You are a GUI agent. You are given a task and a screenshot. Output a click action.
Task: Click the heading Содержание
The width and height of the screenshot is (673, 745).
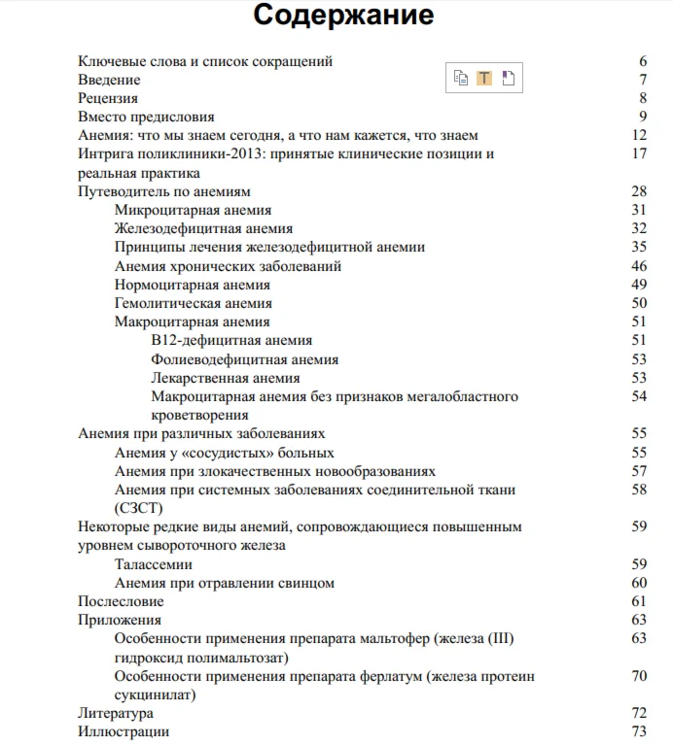pyautogui.click(x=343, y=17)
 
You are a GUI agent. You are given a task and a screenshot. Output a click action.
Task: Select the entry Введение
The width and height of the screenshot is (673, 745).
pyautogui.click(x=109, y=80)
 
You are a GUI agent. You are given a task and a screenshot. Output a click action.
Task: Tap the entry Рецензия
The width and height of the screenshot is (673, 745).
pyautogui.click(x=108, y=98)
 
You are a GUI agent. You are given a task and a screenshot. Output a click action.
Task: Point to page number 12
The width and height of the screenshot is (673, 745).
pyautogui.click(x=639, y=135)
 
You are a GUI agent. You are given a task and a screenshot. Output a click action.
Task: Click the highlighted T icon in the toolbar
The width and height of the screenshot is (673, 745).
pyautogui.click(x=484, y=79)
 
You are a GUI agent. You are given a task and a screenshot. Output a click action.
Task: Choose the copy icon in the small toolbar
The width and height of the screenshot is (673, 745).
pyautogui.click(x=461, y=79)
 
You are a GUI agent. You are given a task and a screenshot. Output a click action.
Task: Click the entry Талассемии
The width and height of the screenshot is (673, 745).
pyautogui.click(x=153, y=564)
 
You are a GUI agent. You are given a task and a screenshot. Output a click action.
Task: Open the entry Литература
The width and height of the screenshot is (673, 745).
pyautogui.click(x=115, y=713)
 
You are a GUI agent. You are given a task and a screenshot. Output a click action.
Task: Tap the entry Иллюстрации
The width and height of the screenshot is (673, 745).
pyautogui.click(x=124, y=731)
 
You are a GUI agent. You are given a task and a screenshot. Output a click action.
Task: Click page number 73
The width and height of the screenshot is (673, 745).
pyautogui.click(x=639, y=731)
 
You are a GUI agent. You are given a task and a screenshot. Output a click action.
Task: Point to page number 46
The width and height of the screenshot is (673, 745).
pyautogui.click(x=639, y=266)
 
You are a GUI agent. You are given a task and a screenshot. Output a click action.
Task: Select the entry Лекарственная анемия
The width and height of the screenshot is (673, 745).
pyautogui.click(x=226, y=378)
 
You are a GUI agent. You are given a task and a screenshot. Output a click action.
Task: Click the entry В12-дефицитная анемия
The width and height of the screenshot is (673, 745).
pyautogui.click(x=232, y=341)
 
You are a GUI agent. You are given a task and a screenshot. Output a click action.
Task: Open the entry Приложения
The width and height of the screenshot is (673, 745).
pyautogui.click(x=120, y=620)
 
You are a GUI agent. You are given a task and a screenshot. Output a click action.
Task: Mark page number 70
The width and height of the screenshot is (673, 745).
pyautogui.click(x=639, y=676)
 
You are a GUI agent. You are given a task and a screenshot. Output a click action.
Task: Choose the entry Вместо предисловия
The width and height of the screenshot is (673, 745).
pyautogui.click(x=146, y=117)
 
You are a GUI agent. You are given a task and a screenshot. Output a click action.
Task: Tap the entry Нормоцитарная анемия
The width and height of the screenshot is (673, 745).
pyautogui.click(x=193, y=285)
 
